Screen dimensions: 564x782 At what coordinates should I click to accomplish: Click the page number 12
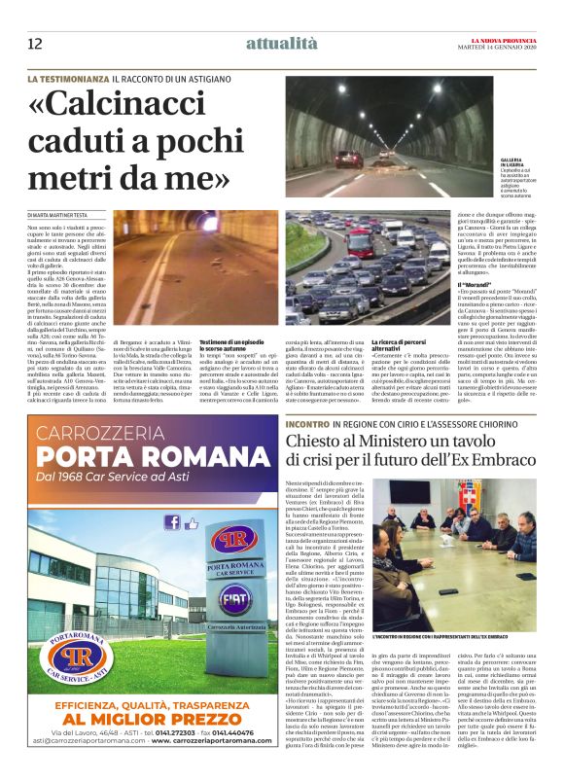35,43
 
